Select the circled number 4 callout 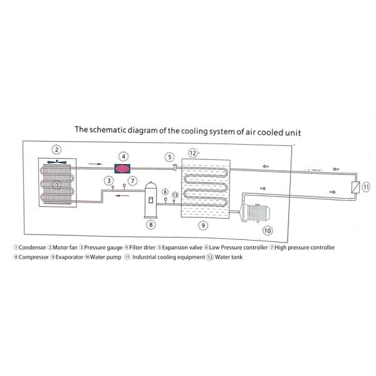tap(124, 156)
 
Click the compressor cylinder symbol tap(150, 197)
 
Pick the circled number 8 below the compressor tap(150, 224)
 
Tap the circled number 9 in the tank tap(202, 224)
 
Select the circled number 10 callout tap(268, 231)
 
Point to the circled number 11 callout tap(367, 187)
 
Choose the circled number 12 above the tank tap(194, 153)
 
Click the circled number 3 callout tap(108, 180)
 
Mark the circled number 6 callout tap(165, 192)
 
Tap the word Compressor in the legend tap(29, 257)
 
